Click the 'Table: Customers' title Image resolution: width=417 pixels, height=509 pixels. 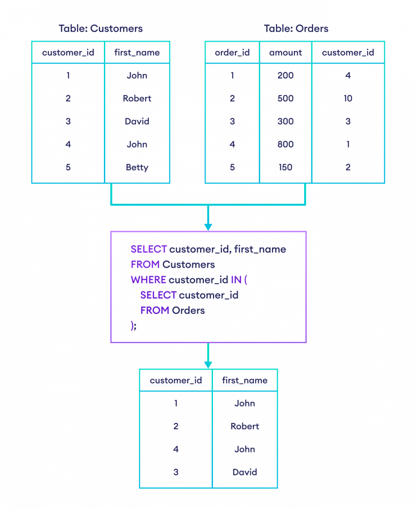(x=101, y=29)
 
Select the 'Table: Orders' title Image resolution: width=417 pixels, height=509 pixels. (x=296, y=29)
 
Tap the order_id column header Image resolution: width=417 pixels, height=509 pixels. (x=232, y=53)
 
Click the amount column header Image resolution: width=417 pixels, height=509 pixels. (x=285, y=53)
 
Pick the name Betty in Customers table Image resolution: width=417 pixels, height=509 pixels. (x=137, y=168)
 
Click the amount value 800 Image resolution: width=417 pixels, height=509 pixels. (x=285, y=145)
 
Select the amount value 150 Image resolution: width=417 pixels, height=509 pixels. (x=285, y=168)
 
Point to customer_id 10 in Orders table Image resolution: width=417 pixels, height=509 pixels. (x=348, y=98)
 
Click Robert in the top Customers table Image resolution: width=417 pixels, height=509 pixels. (x=137, y=98)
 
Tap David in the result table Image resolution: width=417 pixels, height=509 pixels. (x=245, y=472)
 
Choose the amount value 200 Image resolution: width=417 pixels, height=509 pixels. (x=285, y=76)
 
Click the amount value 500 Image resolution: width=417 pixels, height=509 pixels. (x=285, y=98)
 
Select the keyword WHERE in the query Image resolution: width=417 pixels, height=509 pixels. (x=148, y=280)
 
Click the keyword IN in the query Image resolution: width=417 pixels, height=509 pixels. (x=235, y=280)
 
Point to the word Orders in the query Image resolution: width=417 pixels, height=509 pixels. (x=188, y=310)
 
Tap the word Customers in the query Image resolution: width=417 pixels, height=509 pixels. (x=189, y=265)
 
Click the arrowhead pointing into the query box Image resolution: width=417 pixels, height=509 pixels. (x=208, y=227)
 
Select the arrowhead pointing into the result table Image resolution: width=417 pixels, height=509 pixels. (x=208, y=364)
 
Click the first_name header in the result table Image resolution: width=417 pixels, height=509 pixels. (x=245, y=380)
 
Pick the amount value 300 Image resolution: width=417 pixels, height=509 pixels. (x=285, y=122)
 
